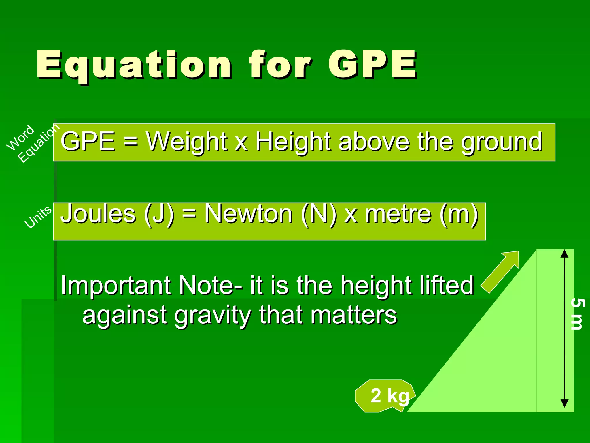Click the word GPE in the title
click(372, 65)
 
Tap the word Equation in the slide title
click(134, 65)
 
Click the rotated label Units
click(38, 217)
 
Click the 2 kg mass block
click(385, 396)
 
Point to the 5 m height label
click(577, 314)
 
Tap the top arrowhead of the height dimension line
click(565, 254)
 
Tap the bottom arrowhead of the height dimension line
click(565, 403)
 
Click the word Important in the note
click(115, 286)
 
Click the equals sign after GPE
click(131, 142)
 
